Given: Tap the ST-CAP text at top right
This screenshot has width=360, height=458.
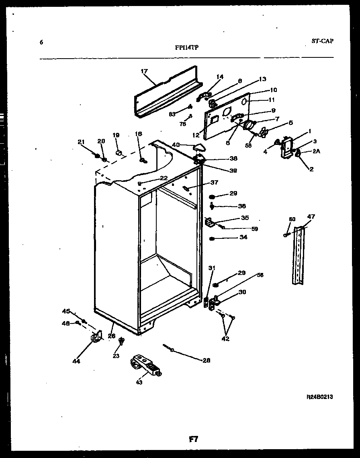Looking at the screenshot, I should (x=322, y=41).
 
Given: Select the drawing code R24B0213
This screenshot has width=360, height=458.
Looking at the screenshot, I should (x=319, y=397).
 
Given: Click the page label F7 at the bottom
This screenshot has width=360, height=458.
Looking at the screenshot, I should (x=194, y=439).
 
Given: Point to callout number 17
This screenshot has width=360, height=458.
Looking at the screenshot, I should (x=144, y=71).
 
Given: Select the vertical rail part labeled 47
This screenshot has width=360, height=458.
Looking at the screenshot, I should (x=299, y=255).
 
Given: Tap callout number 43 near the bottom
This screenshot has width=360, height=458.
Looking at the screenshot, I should (x=139, y=382).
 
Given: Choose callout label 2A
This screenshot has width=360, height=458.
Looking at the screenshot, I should (x=316, y=151).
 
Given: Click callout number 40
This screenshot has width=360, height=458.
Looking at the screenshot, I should (x=176, y=145).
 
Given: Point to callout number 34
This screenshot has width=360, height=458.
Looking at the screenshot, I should (x=243, y=237).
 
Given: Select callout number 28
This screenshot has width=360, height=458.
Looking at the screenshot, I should (x=206, y=360).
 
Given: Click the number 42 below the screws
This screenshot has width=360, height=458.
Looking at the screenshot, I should (x=226, y=338).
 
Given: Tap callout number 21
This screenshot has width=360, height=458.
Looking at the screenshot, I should (x=81, y=141).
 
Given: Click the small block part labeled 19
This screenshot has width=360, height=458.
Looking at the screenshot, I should (x=119, y=153).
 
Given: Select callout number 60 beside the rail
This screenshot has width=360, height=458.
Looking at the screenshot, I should (x=292, y=219).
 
